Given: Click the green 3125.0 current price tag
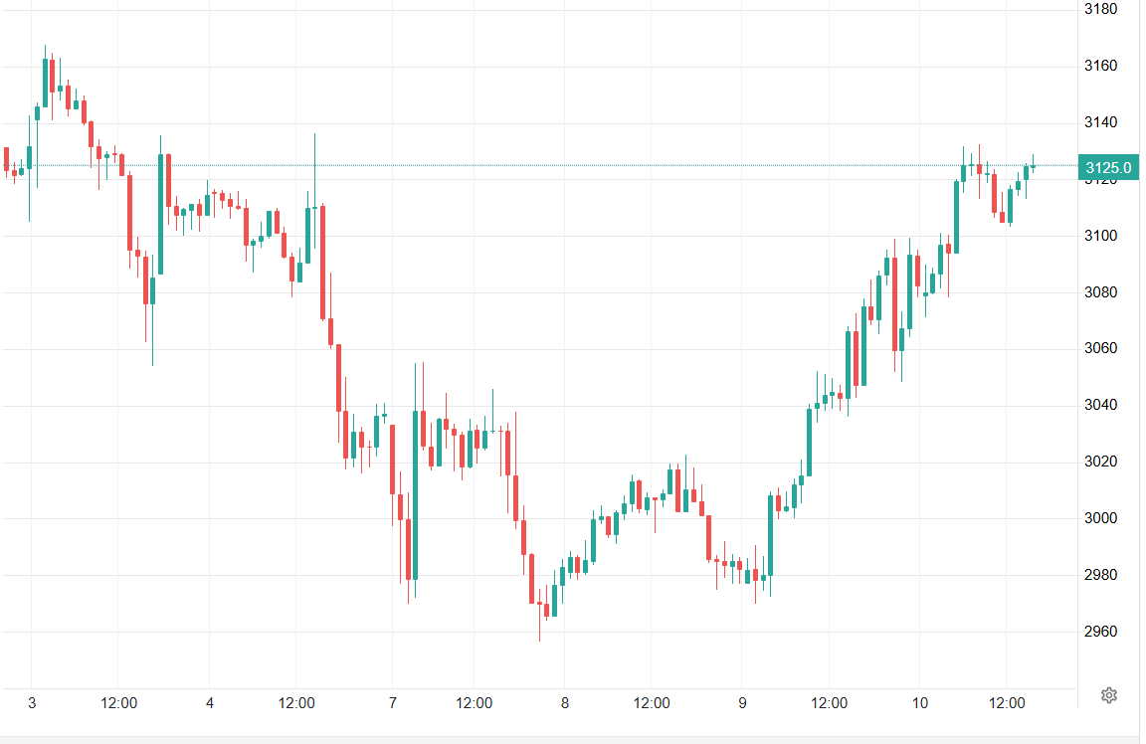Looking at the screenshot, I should tap(1109, 167).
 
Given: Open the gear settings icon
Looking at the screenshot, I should tap(1109, 695).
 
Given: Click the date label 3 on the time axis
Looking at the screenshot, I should tap(32, 703).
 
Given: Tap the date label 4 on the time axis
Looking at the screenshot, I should tap(210, 703).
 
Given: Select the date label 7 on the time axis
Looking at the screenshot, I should tap(393, 703).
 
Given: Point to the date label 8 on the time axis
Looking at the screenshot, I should tap(565, 703).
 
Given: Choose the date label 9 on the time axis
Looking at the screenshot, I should tap(742, 703).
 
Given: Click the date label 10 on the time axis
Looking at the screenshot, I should tap(920, 703).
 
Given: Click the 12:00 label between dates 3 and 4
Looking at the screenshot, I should tap(118, 703).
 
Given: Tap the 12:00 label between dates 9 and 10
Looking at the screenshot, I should tap(830, 703).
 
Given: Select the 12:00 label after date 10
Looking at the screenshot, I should tap(1007, 703).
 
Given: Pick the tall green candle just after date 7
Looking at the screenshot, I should tap(415, 494).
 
